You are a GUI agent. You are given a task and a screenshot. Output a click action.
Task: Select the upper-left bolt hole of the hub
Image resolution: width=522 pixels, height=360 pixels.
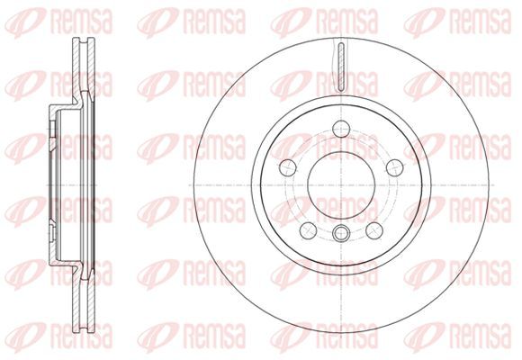pyautogui.click(x=288, y=167)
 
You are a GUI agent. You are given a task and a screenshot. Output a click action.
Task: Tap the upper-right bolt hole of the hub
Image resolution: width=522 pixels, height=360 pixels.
pyautogui.click(x=395, y=167)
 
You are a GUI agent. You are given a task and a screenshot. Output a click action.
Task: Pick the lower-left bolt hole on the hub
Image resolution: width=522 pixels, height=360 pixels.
pyautogui.click(x=309, y=230)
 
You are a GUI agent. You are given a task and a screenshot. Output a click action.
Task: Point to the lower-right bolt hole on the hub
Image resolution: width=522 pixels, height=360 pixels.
pyautogui.click(x=374, y=230)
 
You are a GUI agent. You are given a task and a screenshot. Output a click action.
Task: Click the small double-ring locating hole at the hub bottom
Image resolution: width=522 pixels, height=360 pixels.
pyautogui.click(x=342, y=232)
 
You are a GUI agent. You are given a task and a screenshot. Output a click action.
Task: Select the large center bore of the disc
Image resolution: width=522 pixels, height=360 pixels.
pyautogui.click(x=342, y=185)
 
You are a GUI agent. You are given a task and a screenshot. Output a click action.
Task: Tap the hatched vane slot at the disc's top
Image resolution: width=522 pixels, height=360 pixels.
pyautogui.click(x=342, y=67)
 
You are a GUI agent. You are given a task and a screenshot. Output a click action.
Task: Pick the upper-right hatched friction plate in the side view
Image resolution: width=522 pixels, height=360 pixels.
pyautogui.click(x=91, y=66)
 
